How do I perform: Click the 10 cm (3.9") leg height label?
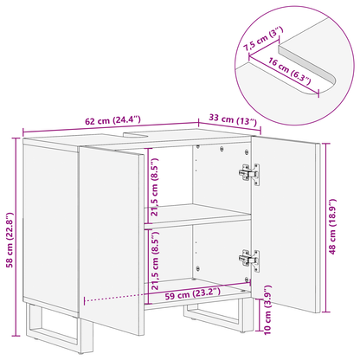point(267,306)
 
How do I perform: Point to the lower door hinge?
point(250,257)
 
